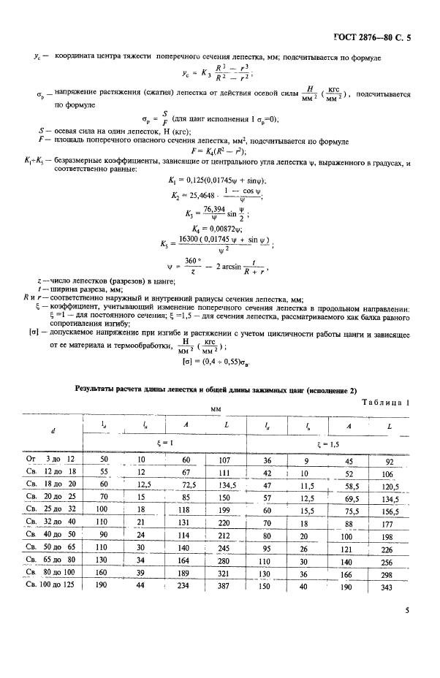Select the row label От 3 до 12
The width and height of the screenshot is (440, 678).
coord(52,460)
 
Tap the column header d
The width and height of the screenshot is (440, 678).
coord(52,431)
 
